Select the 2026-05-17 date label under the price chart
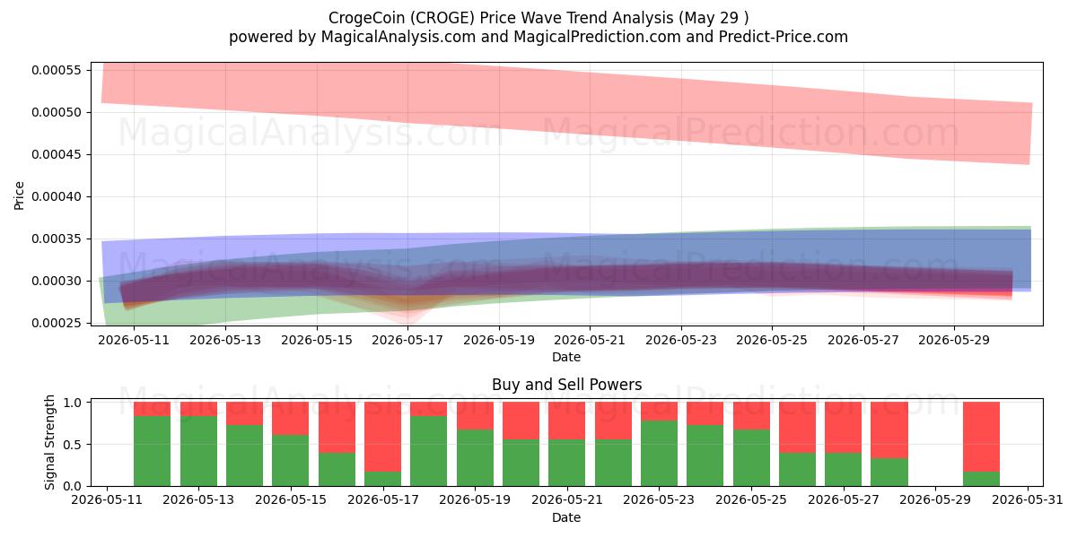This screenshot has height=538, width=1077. pos(407,340)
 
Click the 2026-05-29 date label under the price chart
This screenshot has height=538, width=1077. pos(954,340)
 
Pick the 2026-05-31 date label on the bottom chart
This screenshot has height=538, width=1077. pos(1028,500)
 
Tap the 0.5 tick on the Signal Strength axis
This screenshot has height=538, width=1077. pos(72,445)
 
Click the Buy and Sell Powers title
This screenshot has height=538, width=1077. pos(566,385)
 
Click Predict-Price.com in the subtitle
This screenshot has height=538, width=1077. pos(784,37)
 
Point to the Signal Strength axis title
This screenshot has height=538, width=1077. pos(50,442)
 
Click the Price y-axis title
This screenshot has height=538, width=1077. pos(19,195)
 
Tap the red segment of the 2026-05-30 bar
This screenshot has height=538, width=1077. pos(981,437)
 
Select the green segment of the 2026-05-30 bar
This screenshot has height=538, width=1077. pos(981,479)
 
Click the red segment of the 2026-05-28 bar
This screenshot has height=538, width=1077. pos(889,430)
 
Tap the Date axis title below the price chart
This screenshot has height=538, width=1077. pos(566,358)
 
